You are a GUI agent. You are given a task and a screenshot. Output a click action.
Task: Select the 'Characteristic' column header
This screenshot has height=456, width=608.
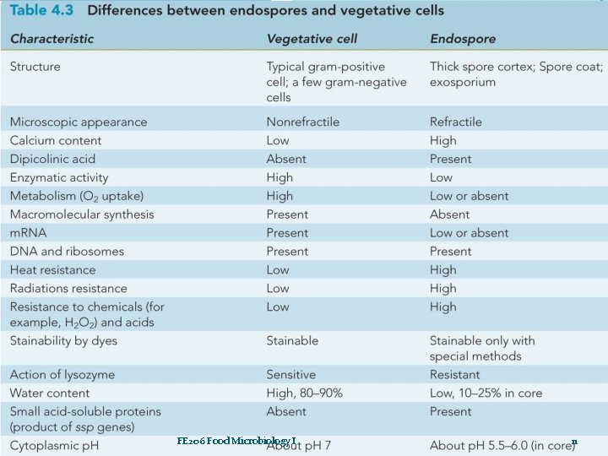(52, 39)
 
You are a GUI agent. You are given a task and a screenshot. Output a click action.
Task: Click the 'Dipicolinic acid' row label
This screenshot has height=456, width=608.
(52, 159)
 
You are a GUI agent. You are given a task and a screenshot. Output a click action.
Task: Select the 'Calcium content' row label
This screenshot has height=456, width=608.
(55, 140)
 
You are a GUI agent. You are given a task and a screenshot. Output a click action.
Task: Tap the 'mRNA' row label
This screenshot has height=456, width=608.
(29, 233)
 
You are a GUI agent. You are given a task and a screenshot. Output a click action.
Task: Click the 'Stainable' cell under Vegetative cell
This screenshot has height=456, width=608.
(292, 340)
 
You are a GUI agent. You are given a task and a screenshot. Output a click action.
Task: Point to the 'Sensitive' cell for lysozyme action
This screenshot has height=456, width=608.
(290, 374)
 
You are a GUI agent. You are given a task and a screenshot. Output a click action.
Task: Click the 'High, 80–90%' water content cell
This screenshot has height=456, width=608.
(305, 393)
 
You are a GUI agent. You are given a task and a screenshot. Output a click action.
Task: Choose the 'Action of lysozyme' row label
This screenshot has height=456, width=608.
(62, 374)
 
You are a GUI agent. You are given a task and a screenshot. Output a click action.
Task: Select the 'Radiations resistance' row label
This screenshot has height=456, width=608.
(68, 289)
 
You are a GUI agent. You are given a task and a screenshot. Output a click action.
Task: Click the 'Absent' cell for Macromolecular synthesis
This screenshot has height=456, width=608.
(449, 214)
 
